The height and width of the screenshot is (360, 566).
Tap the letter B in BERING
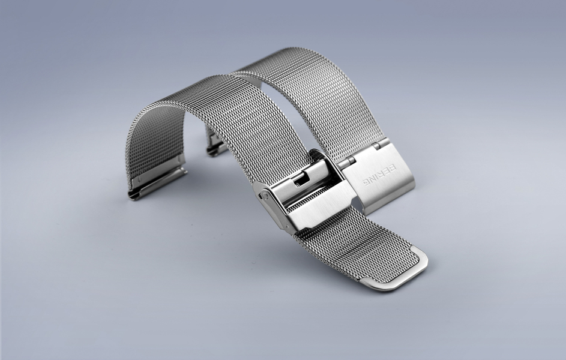click(x=393, y=167)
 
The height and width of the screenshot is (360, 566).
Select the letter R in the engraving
click(x=382, y=173)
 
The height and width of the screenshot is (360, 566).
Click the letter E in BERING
click(x=387, y=170)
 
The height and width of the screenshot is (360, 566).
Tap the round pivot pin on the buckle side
click(x=266, y=195)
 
